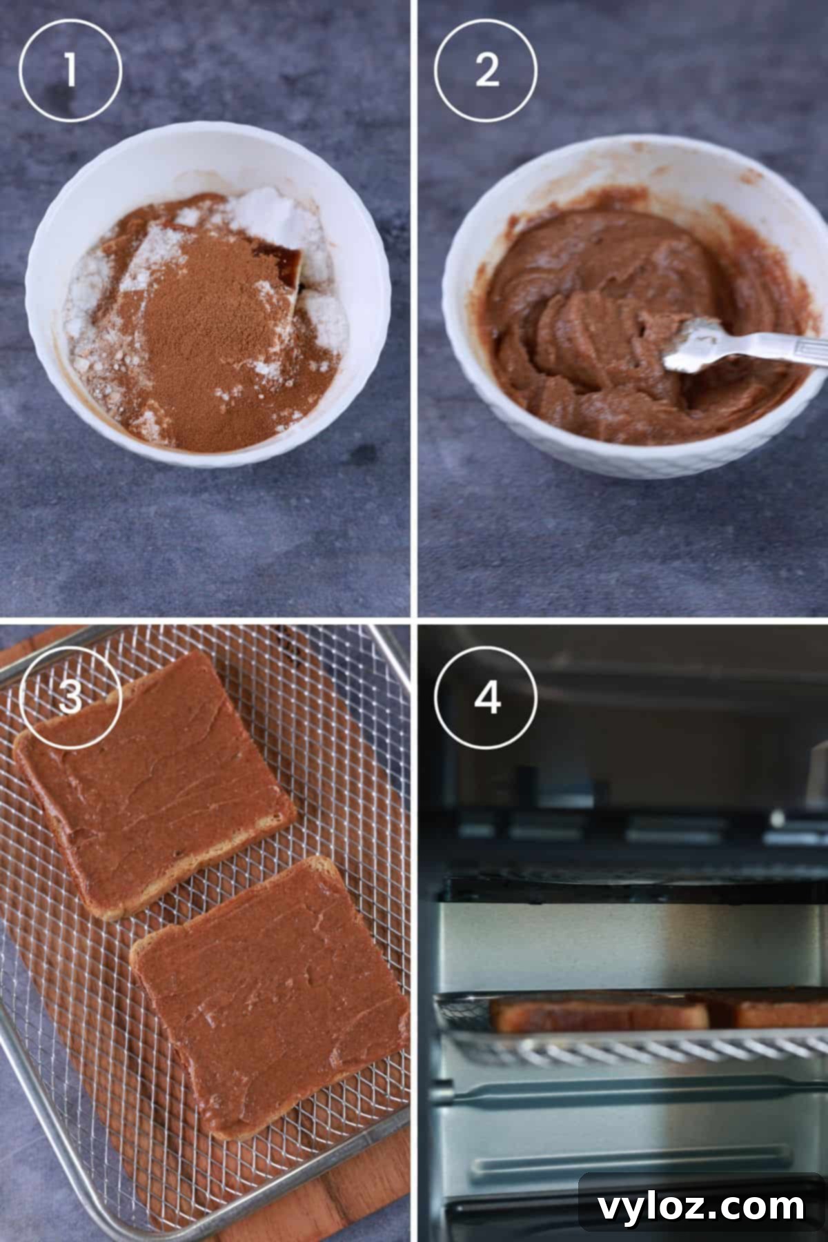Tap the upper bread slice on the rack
point(155,787)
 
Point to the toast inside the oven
point(600,1014)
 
